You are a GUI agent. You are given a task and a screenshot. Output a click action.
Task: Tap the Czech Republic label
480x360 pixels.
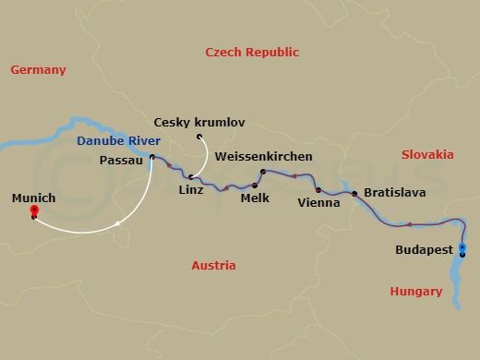pyautogui.click(x=252, y=52)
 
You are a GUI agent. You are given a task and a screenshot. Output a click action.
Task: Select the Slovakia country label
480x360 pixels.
pyautogui.click(x=427, y=154)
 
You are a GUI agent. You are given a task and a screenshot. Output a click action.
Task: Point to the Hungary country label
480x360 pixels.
pyautogui.click(x=415, y=291)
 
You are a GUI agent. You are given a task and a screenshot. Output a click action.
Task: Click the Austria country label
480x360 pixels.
pyautogui.click(x=213, y=265)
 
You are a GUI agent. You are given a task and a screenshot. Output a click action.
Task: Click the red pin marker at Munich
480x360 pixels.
pyautogui.click(x=34, y=212)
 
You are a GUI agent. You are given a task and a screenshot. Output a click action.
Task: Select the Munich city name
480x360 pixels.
pyautogui.click(x=34, y=198)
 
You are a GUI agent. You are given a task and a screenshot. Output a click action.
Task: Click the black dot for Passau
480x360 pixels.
pyautogui.click(x=151, y=158)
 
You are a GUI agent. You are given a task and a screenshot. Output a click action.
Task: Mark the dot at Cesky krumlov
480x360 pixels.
pyautogui.click(x=199, y=138)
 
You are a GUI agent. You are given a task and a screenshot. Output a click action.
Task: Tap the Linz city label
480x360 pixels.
pyautogui.click(x=189, y=190)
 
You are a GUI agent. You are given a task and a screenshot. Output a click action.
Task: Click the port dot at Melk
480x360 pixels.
pyautogui.click(x=253, y=186)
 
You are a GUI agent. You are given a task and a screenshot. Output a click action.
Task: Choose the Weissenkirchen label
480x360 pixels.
pyautogui.click(x=263, y=157)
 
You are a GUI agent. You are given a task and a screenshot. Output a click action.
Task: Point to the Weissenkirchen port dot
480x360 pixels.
pyautogui.click(x=262, y=172)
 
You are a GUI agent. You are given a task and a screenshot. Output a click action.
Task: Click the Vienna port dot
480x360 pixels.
pyautogui.click(x=318, y=190)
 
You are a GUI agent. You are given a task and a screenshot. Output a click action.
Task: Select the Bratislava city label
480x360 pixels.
pyautogui.click(x=394, y=193)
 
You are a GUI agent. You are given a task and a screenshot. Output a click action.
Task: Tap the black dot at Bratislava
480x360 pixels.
pyautogui.click(x=354, y=193)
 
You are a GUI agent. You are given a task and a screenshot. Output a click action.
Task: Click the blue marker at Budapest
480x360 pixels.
pyautogui.click(x=462, y=249)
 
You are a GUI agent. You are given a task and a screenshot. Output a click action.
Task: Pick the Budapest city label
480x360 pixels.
pyautogui.click(x=422, y=248)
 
